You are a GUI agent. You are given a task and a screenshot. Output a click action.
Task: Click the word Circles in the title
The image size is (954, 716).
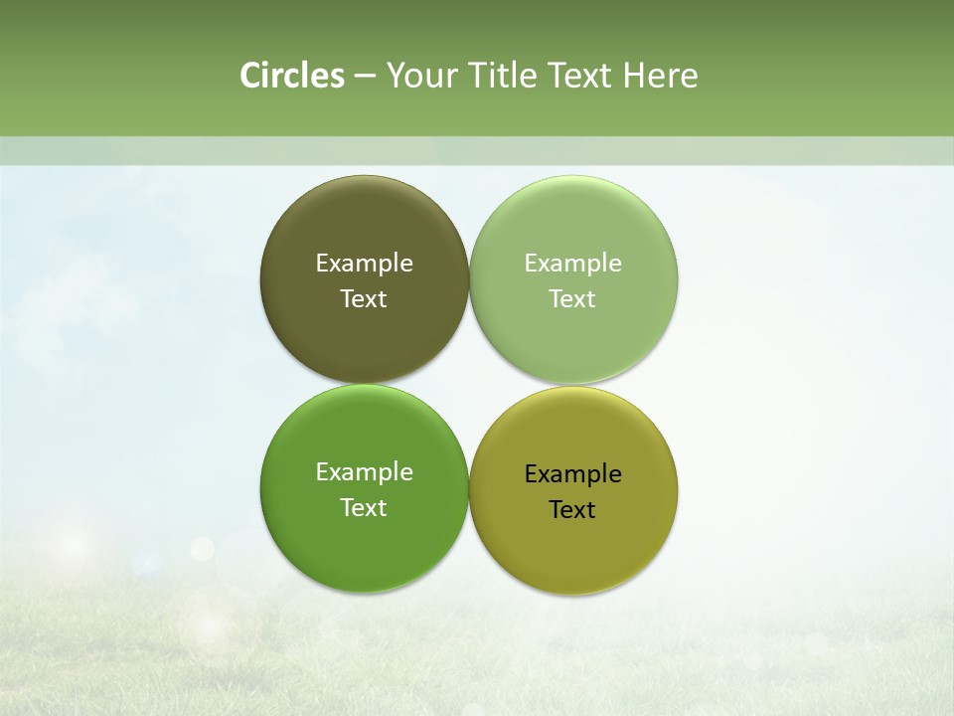tap(292, 76)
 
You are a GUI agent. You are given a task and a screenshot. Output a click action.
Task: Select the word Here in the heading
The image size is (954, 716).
tap(660, 76)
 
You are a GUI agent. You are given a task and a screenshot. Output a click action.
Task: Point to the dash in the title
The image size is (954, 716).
tap(365, 77)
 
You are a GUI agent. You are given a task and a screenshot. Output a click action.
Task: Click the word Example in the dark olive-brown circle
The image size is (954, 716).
tap(364, 264)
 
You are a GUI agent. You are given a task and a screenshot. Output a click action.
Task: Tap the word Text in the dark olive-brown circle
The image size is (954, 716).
tap(364, 299)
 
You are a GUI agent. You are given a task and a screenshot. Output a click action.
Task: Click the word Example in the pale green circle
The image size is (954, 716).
tap(572, 264)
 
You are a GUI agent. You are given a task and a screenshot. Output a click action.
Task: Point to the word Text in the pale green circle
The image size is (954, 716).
tap(572, 299)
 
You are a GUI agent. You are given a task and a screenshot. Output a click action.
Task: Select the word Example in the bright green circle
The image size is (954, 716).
tap(364, 472)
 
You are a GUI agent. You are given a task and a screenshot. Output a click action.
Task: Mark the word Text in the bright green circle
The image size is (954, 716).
tap(364, 508)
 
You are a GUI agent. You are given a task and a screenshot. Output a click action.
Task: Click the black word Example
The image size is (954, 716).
tap(572, 474)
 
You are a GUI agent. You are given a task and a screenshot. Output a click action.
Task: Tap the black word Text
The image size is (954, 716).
tap(572, 510)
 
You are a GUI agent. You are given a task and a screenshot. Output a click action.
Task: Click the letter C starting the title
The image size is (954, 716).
tap(249, 76)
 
